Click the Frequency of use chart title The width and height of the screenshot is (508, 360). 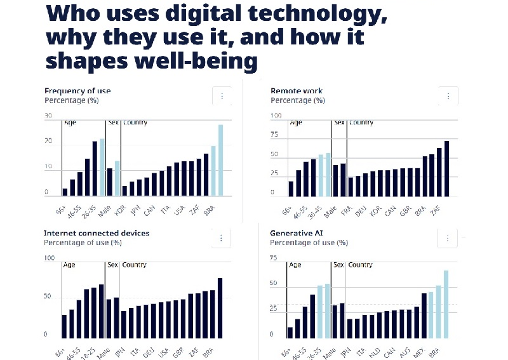click(x=77, y=91)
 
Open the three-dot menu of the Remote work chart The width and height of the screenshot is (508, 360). click(x=448, y=97)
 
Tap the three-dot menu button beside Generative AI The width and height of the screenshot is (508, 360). click(x=447, y=238)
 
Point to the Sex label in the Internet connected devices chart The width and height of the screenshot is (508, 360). click(x=112, y=265)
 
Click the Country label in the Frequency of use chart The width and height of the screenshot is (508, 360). click(x=135, y=122)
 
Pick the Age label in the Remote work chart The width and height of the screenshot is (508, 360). click(x=295, y=122)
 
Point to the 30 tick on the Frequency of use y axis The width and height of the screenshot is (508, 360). click(x=48, y=116)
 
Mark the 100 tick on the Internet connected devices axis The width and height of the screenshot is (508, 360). click(x=49, y=258)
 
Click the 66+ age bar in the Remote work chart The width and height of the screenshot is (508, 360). click(x=291, y=188)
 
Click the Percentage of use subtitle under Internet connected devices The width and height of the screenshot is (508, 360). click(x=83, y=243)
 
